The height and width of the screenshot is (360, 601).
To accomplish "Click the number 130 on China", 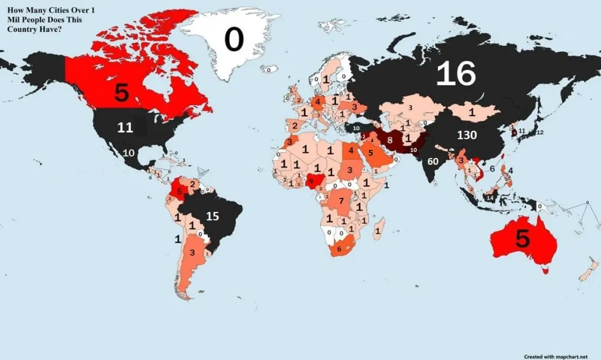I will (466, 136).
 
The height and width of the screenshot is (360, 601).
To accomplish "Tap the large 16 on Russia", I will (456, 74).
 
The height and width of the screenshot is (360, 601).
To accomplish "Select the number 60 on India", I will (433, 161).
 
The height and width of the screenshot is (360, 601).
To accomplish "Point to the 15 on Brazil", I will (213, 216).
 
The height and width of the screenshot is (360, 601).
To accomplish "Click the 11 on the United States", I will (125, 128).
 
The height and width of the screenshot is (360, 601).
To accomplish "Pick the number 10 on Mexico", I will (129, 153).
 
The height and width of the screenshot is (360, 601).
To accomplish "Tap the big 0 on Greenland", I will (234, 40).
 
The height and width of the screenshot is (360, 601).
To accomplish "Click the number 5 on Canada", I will (122, 93).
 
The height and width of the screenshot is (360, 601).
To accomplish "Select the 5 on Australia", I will (522, 239).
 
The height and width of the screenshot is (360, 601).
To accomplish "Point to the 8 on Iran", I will (390, 140).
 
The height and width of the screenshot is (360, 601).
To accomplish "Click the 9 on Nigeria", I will (311, 181).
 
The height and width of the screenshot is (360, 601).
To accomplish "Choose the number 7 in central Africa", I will (341, 201).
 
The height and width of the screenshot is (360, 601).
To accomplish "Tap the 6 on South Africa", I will (339, 249).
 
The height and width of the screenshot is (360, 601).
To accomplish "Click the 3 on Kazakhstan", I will (410, 108).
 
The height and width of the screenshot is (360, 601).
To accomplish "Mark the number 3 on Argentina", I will (192, 252).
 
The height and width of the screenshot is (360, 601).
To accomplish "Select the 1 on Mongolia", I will (472, 112).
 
